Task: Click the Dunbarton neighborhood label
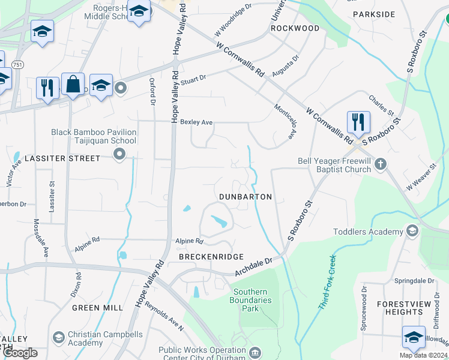246,197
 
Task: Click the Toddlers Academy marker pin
412,230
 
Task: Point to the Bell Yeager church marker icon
379,164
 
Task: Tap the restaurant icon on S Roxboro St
358,122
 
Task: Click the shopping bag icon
73,84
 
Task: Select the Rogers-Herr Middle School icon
139,12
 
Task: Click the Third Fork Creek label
325,283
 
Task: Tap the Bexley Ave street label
196,122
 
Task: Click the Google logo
19,353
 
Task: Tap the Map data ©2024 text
422,355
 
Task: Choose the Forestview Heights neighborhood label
404,308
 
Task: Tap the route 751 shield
19,64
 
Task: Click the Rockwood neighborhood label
295,28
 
